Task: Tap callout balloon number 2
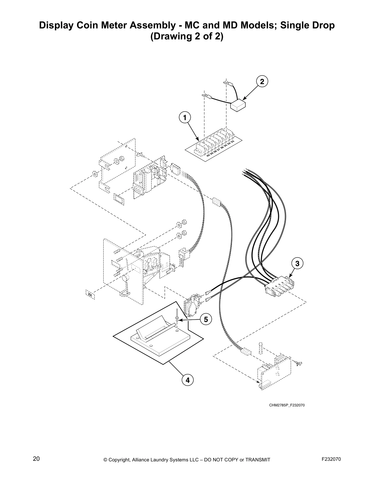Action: click(x=262, y=82)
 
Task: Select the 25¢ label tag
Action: click(x=90, y=295)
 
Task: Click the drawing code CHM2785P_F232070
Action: click(x=287, y=405)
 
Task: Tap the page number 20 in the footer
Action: click(x=36, y=459)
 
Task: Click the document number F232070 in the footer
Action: click(x=331, y=459)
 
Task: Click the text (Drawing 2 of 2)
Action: click(x=187, y=37)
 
